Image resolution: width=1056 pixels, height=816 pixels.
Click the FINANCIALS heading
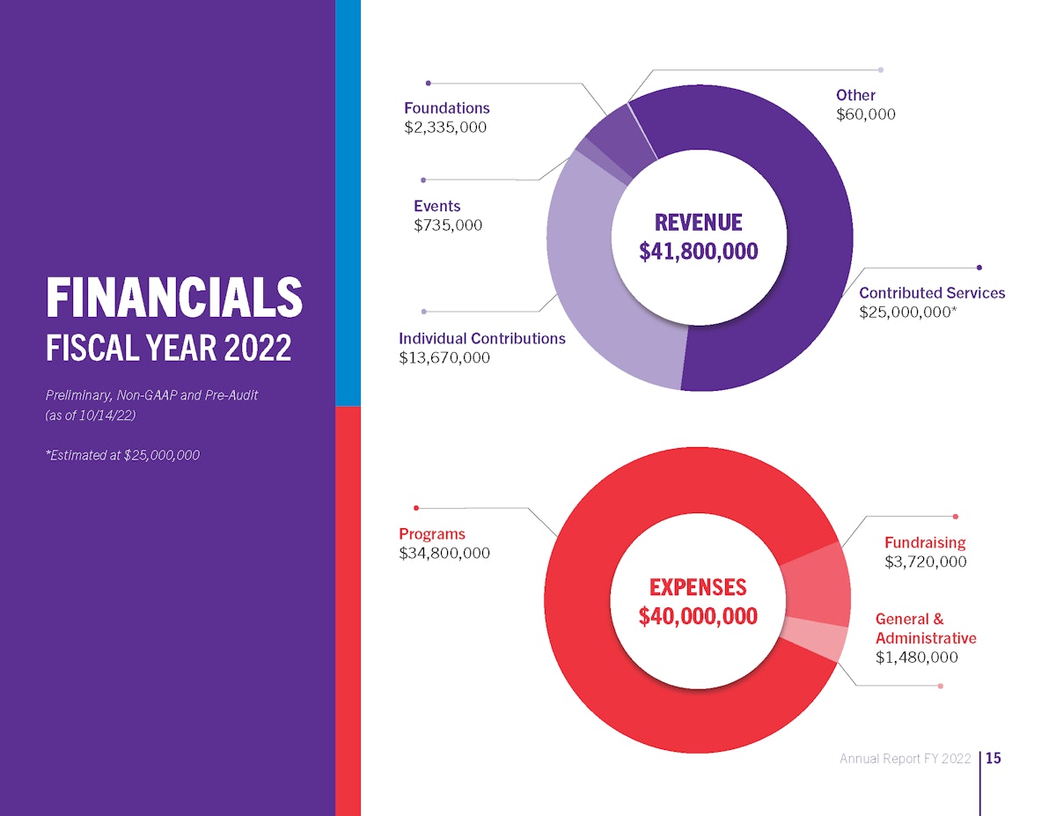tap(173, 298)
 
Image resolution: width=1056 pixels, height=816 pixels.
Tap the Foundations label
tap(446, 108)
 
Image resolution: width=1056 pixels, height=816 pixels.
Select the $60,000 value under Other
tap(865, 114)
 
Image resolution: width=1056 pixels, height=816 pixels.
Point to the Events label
tap(436, 206)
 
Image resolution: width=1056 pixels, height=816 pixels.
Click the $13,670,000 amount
tap(444, 358)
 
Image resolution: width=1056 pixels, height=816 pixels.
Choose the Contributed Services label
tap(931, 293)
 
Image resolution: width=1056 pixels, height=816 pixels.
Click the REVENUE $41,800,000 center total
tap(698, 238)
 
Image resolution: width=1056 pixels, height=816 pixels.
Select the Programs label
tap(431, 534)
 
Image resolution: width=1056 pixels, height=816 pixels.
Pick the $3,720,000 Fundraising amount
tap(925, 562)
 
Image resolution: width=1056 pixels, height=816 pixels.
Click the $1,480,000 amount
tap(916, 658)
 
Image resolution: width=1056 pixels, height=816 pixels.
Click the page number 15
tap(994, 758)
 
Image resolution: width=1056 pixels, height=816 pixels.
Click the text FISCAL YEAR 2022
tap(168, 349)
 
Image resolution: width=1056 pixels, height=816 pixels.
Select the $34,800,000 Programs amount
tap(444, 554)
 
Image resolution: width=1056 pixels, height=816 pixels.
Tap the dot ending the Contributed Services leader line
tap(979, 267)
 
